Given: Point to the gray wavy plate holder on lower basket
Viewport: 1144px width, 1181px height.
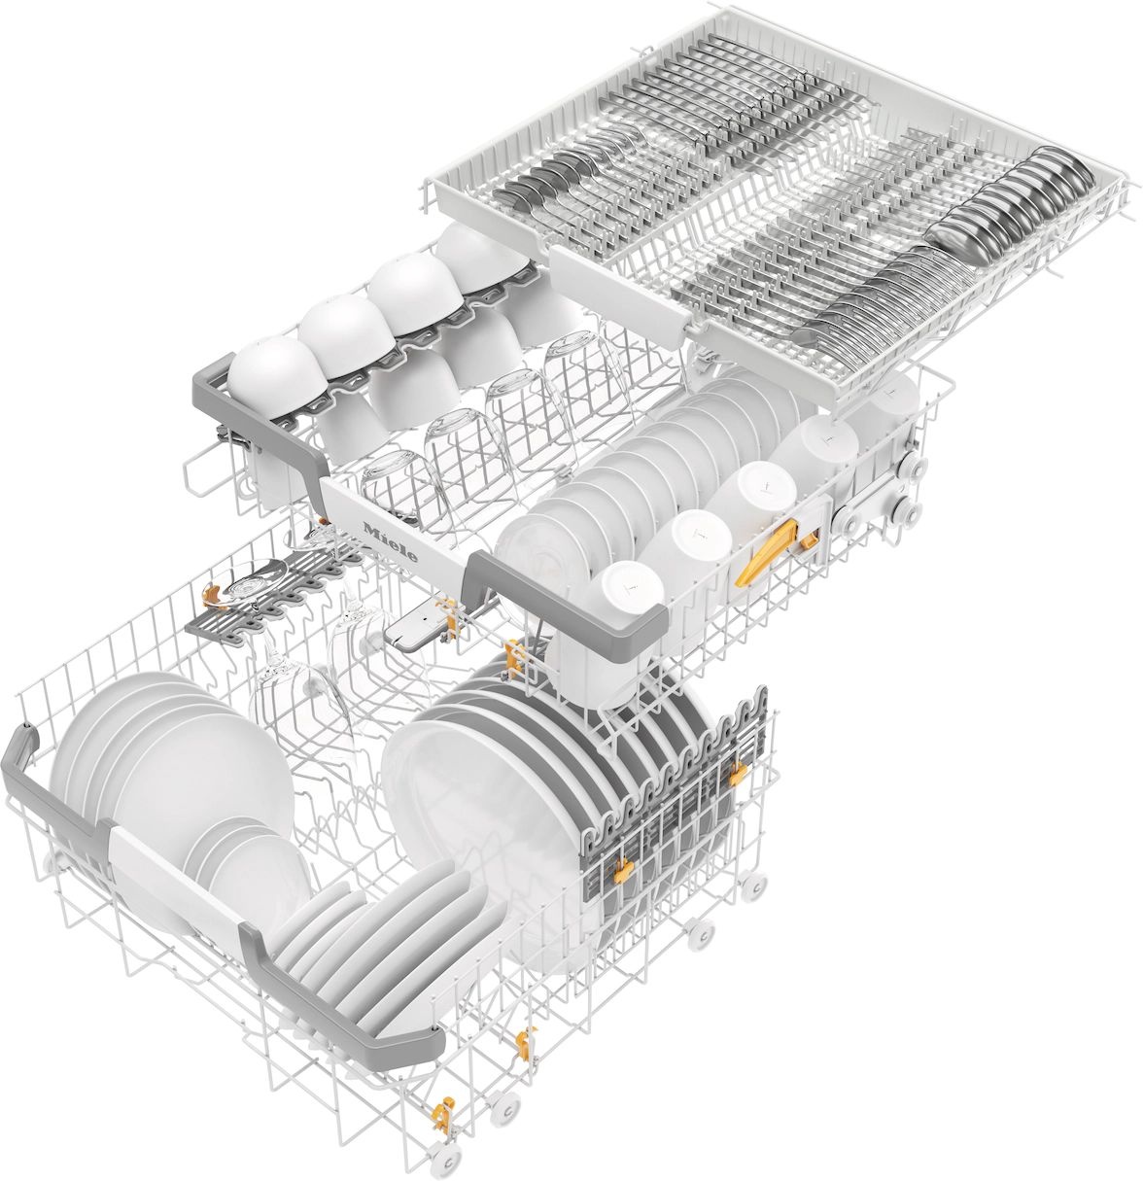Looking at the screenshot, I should (x=671, y=778).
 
